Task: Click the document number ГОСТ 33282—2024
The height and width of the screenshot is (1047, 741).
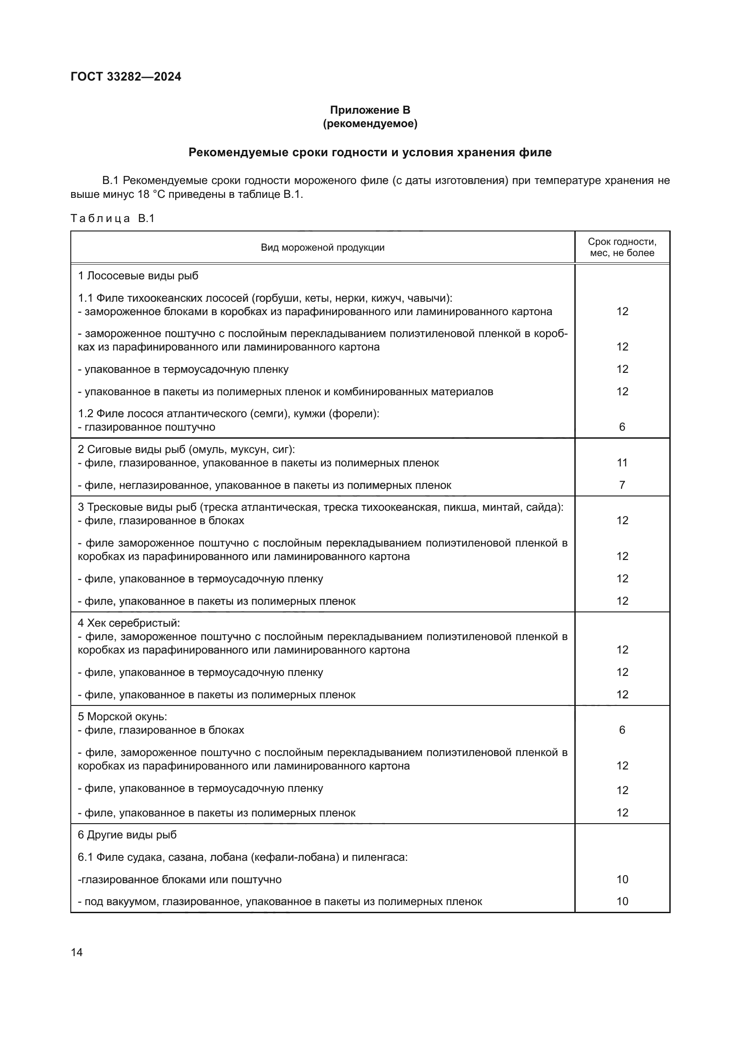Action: point(126,77)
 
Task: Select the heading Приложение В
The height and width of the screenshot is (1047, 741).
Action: point(370,110)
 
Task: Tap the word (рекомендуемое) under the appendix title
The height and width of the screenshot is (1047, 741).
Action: point(370,124)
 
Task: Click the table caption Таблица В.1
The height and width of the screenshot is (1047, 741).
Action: point(113,218)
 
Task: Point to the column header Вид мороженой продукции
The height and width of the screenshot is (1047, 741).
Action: point(322,248)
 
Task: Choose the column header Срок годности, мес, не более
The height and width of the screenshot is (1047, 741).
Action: point(621,247)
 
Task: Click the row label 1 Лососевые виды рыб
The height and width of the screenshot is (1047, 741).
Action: point(138,276)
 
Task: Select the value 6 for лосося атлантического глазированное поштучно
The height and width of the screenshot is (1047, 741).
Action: point(621,427)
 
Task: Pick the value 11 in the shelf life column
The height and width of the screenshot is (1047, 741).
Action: point(622,463)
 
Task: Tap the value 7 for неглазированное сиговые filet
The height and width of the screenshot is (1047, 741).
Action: point(621,485)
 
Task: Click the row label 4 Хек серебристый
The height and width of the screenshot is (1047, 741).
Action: point(129,623)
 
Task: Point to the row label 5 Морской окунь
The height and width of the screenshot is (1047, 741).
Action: point(122,716)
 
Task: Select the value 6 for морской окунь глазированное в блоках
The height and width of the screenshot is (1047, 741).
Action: point(621,730)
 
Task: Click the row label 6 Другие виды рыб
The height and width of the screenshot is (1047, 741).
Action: point(127,835)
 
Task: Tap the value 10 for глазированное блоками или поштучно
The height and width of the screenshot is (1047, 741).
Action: point(622,880)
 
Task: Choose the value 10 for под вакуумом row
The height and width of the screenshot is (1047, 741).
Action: point(622,902)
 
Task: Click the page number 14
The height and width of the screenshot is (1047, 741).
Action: point(77,952)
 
